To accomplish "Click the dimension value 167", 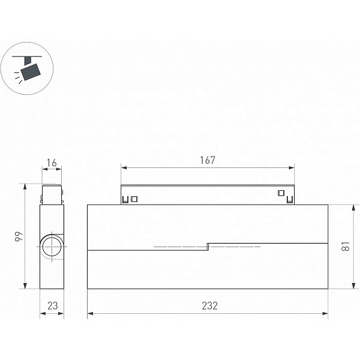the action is [x=208, y=160].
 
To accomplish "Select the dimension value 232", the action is [x=209, y=305].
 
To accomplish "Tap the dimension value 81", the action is [x=346, y=246].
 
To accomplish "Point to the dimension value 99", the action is [x=19, y=236].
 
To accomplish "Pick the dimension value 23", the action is [x=53, y=305].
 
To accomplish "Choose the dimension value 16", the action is [x=52, y=163].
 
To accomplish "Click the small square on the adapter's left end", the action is [x=134, y=199].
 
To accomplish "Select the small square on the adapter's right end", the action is [x=281, y=193].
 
